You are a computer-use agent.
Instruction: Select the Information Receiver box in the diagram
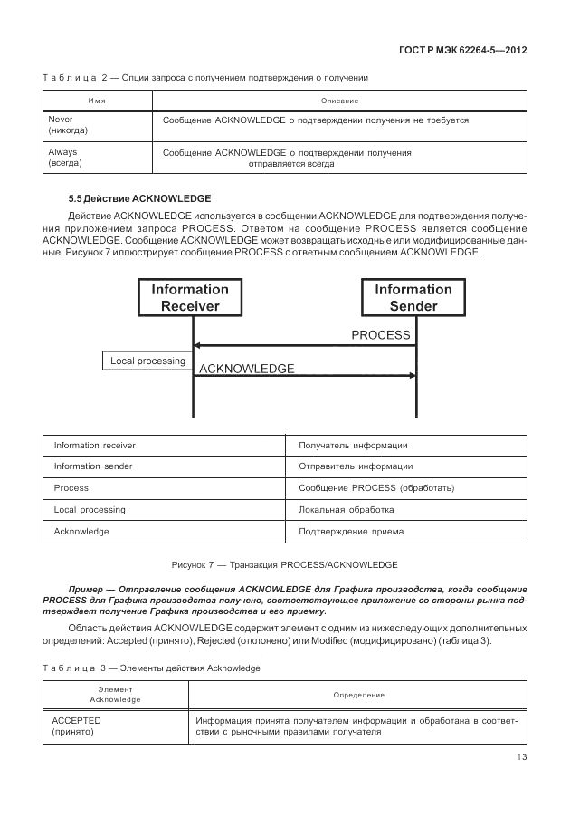(x=191, y=298)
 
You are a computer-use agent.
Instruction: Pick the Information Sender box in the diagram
(x=413, y=298)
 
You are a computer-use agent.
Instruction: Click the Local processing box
(x=147, y=361)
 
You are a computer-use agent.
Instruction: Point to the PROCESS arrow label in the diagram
(x=381, y=335)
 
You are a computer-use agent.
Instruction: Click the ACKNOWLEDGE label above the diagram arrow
(x=246, y=369)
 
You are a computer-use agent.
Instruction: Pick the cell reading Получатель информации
(x=353, y=446)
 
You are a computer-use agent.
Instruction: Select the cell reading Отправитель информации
(x=356, y=466)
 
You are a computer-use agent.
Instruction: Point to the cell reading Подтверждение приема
(x=351, y=532)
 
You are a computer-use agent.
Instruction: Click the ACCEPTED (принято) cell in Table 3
(x=77, y=726)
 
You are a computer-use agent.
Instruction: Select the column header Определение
(x=358, y=695)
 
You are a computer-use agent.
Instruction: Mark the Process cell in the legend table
(x=71, y=488)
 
